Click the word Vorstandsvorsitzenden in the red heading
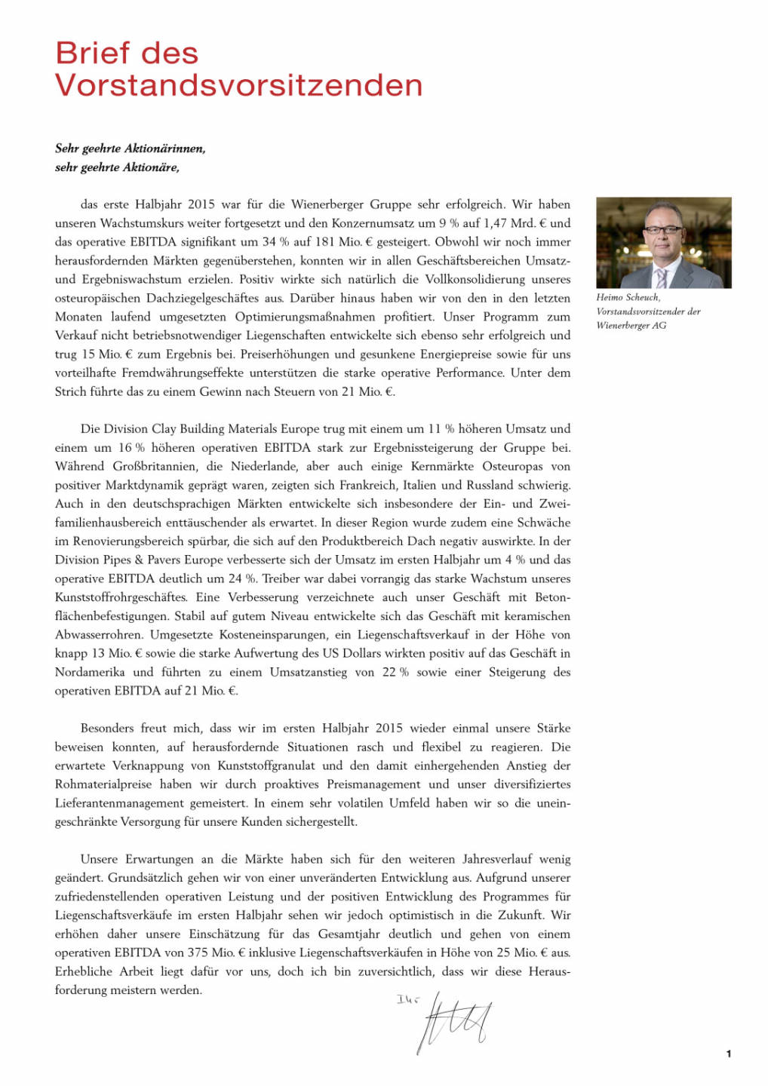tap(238, 85)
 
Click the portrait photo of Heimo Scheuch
tap(663, 242)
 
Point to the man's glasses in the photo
tap(664, 229)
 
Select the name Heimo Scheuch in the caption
tap(627, 298)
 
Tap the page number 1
tap(728, 1054)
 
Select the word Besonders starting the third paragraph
tap(107, 729)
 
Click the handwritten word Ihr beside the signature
tap(407, 1000)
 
